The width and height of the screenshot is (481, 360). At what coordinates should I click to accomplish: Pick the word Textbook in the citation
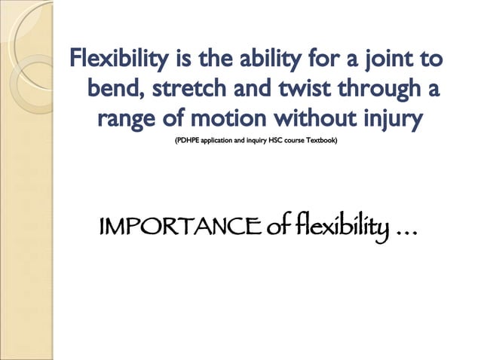[x=322, y=141]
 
